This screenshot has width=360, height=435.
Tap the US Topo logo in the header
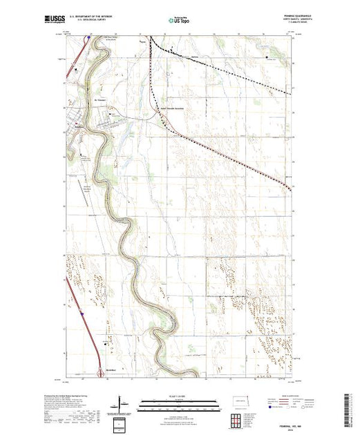(179, 22)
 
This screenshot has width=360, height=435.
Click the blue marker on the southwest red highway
(82, 312)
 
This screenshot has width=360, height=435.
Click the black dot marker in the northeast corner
(267, 57)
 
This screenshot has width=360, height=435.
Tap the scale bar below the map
(179, 403)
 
